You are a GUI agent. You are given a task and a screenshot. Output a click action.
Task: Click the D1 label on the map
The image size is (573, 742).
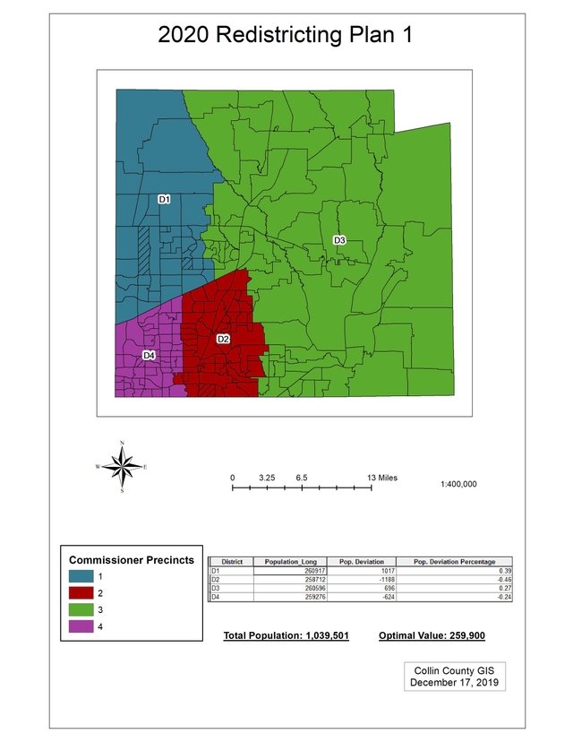pyautogui.click(x=164, y=199)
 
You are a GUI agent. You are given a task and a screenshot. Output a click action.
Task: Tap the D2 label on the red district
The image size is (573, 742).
pyautogui.click(x=223, y=339)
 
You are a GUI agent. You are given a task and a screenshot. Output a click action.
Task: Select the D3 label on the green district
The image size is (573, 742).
pyautogui.click(x=339, y=240)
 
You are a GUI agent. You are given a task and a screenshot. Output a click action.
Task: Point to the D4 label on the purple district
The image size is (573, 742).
pyautogui.click(x=150, y=356)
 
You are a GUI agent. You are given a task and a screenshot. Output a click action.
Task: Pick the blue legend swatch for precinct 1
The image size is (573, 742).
pyautogui.click(x=81, y=576)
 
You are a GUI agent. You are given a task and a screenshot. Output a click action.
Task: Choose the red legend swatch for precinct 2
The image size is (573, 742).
pyautogui.click(x=81, y=593)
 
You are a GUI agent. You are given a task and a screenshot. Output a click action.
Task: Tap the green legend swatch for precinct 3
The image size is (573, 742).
pyautogui.click(x=81, y=609)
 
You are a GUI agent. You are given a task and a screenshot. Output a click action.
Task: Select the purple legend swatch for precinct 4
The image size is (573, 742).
pyautogui.click(x=81, y=626)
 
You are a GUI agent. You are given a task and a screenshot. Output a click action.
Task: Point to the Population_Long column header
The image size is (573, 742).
pyautogui.click(x=291, y=561)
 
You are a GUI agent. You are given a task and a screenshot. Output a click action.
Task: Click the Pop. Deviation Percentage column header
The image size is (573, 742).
pyautogui.click(x=454, y=561)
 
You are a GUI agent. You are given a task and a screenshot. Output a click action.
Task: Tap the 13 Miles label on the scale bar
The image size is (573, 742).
pyautogui.click(x=383, y=478)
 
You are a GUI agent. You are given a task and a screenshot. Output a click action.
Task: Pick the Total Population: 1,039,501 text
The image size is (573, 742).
pyautogui.click(x=286, y=635)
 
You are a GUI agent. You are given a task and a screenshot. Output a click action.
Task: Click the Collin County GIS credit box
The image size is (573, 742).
pyautogui.click(x=454, y=677)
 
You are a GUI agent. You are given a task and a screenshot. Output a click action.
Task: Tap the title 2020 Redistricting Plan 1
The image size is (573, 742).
pyautogui.click(x=285, y=36)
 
